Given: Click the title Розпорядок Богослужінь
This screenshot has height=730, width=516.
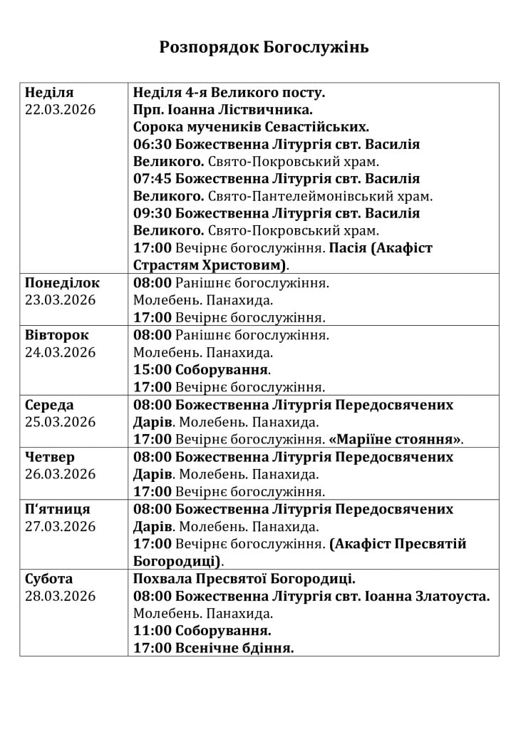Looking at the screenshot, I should (264, 48).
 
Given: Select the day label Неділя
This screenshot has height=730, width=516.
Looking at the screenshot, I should (49, 93).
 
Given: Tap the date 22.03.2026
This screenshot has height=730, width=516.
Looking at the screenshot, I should (61, 110).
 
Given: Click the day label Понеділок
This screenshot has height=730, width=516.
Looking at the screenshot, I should (63, 283).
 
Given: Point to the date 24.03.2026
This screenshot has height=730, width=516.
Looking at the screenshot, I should (61, 352).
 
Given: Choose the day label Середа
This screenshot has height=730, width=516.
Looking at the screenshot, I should (49, 405).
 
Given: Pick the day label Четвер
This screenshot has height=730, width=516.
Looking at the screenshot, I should (50, 457).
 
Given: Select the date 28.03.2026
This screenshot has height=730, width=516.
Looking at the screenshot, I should (61, 596).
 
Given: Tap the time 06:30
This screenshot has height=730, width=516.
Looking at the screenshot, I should (153, 145).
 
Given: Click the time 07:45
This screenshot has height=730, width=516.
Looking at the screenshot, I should (153, 179).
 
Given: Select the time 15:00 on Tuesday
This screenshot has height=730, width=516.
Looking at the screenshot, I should (153, 370).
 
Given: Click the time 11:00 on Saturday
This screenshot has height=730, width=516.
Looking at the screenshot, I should (153, 631).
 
